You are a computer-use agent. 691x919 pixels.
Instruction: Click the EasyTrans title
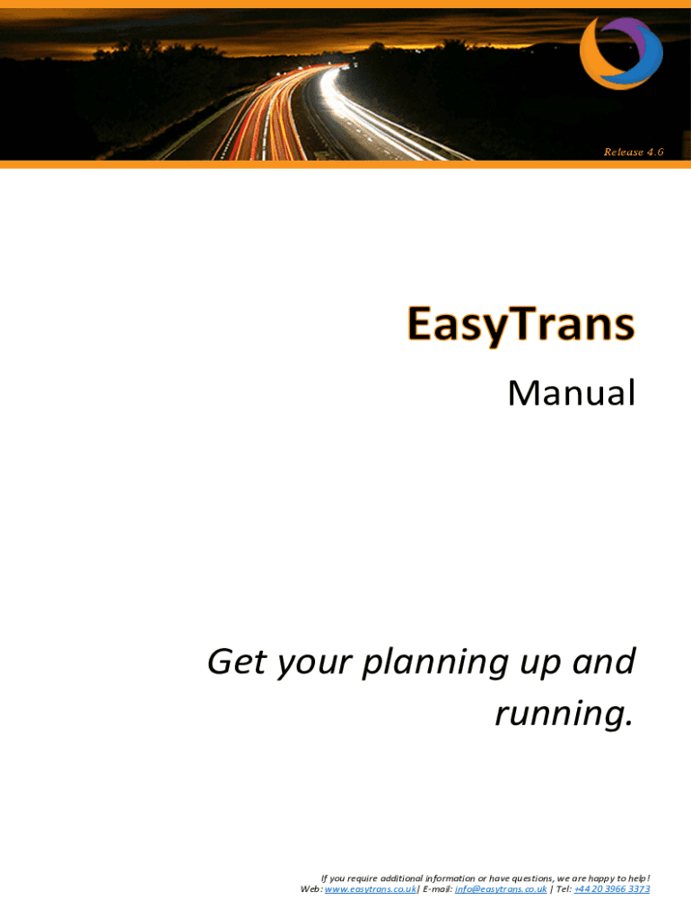point(521,323)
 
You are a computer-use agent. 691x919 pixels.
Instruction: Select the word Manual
point(572,393)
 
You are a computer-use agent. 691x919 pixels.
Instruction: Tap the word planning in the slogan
point(435,663)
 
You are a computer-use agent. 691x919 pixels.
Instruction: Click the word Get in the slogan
point(238,661)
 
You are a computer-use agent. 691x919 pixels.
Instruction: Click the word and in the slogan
point(604,661)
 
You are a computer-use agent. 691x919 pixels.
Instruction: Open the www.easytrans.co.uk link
point(371,889)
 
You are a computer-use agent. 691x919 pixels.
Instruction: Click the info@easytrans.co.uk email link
point(501,889)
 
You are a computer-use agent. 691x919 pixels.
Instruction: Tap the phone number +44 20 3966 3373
point(612,889)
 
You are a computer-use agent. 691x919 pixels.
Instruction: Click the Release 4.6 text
point(634,152)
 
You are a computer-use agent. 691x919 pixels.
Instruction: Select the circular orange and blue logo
point(621,53)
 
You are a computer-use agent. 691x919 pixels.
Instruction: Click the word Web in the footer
point(310,889)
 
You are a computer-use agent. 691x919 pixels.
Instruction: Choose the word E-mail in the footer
point(437,889)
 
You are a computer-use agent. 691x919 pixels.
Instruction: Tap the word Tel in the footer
point(563,889)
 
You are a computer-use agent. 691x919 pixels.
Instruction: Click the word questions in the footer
point(532,879)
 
